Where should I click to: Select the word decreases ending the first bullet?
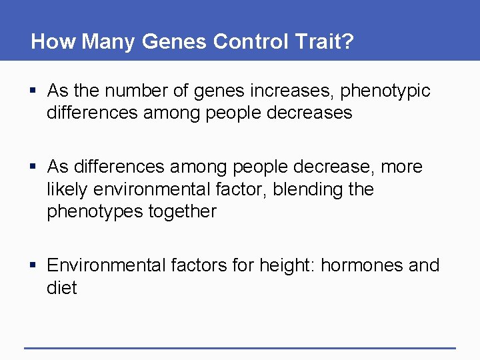pos(309,113)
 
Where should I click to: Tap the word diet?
pos(61,288)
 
